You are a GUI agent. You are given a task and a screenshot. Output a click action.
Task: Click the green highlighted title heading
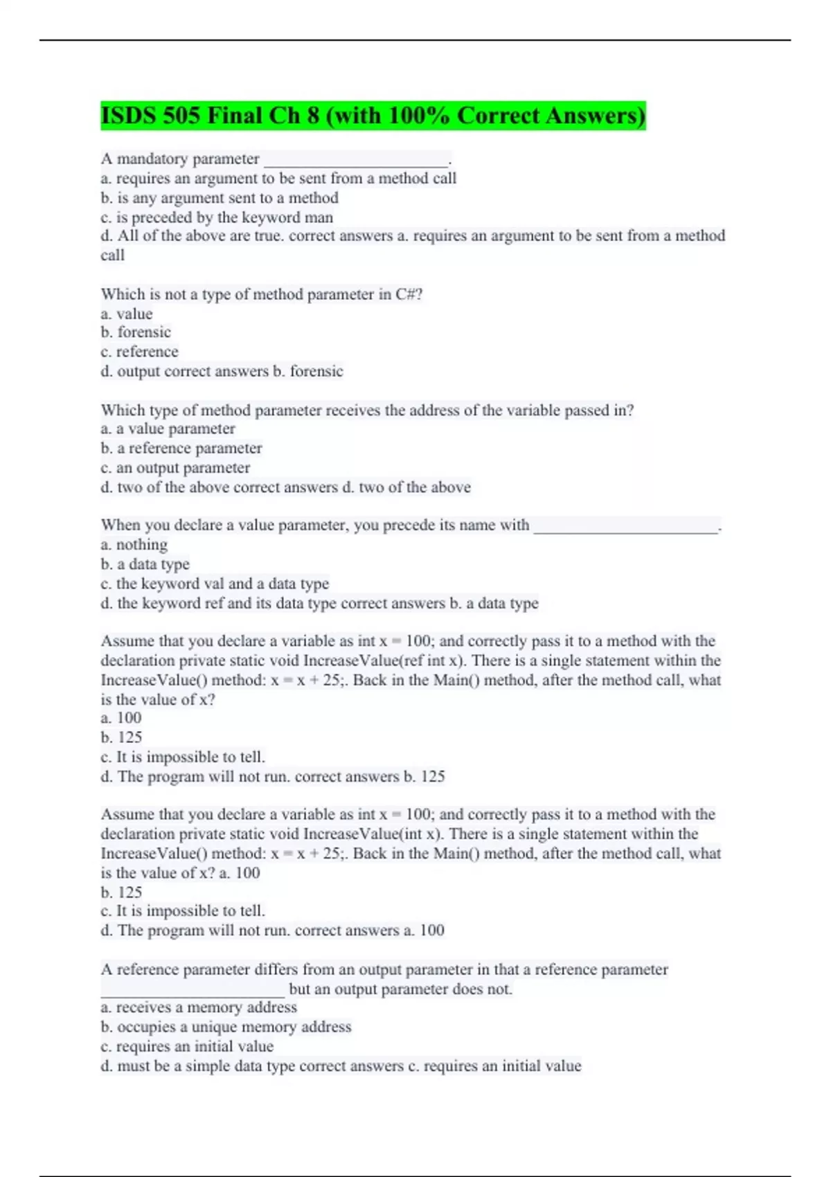coord(373,116)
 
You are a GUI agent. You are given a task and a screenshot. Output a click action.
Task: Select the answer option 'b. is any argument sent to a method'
coord(220,198)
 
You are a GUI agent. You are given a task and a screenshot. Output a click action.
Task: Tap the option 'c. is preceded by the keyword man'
coord(217,217)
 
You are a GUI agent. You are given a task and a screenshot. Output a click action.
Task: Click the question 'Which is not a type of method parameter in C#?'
coord(262,294)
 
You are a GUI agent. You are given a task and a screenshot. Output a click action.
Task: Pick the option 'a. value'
coord(127,314)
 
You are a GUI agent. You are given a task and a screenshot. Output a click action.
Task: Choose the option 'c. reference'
coord(139,352)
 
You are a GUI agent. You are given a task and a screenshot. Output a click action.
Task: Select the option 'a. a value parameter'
coord(168,429)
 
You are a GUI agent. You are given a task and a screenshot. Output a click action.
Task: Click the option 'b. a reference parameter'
coord(181,449)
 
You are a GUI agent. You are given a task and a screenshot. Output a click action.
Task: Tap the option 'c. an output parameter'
coord(175,468)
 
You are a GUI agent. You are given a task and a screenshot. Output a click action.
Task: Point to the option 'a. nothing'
coord(134,545)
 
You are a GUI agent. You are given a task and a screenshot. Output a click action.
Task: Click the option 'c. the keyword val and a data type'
coord(215,584)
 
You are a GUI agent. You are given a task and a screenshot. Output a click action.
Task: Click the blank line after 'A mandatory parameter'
coord(356,162)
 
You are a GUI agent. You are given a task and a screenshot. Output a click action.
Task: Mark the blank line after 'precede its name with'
coord(625,528)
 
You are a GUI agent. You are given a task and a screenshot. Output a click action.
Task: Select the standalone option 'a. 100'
coord(121,718)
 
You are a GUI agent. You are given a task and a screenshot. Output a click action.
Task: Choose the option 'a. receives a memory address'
coord(199,1007)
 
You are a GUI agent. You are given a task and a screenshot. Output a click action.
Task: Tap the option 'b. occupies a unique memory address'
coord(226,1027)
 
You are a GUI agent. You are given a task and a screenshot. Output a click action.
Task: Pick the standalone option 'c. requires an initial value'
coord(187,1046)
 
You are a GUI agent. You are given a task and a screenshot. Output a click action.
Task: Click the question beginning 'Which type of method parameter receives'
coord(367,410)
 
